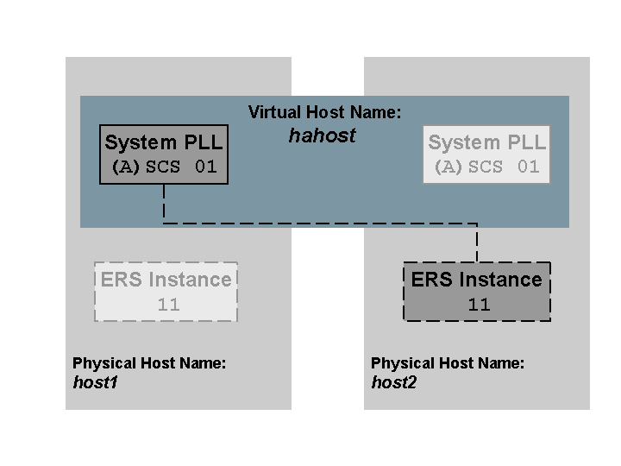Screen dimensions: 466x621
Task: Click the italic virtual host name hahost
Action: click(322, 135)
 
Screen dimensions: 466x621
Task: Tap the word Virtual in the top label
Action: click(271, 112)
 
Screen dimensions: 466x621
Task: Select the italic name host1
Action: click(95, 381)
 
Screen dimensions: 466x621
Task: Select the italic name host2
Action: click(393, 381)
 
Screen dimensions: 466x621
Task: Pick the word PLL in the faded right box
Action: click(526, 142)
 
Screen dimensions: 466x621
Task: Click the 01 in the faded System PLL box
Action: click(528, 167)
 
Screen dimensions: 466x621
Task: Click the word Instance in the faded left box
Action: click(189, 280)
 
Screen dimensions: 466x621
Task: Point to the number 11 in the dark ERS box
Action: click(478, 305)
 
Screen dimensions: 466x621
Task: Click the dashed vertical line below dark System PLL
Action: click(164, 204)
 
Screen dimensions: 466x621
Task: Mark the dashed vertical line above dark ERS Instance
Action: click(477, 242)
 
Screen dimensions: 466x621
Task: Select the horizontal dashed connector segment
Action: click(319, 224)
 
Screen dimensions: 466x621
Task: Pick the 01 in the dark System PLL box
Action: click(205, 167)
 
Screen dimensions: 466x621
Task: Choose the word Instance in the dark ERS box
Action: click(500, 280)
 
